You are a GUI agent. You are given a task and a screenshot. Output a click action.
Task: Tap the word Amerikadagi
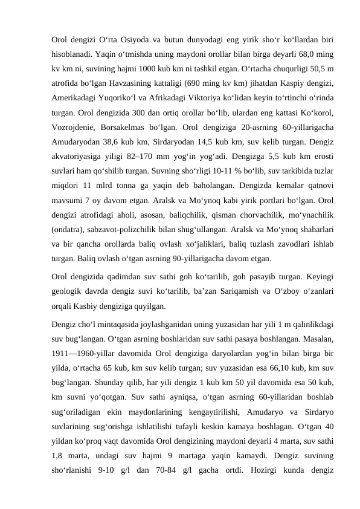(76, 99)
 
